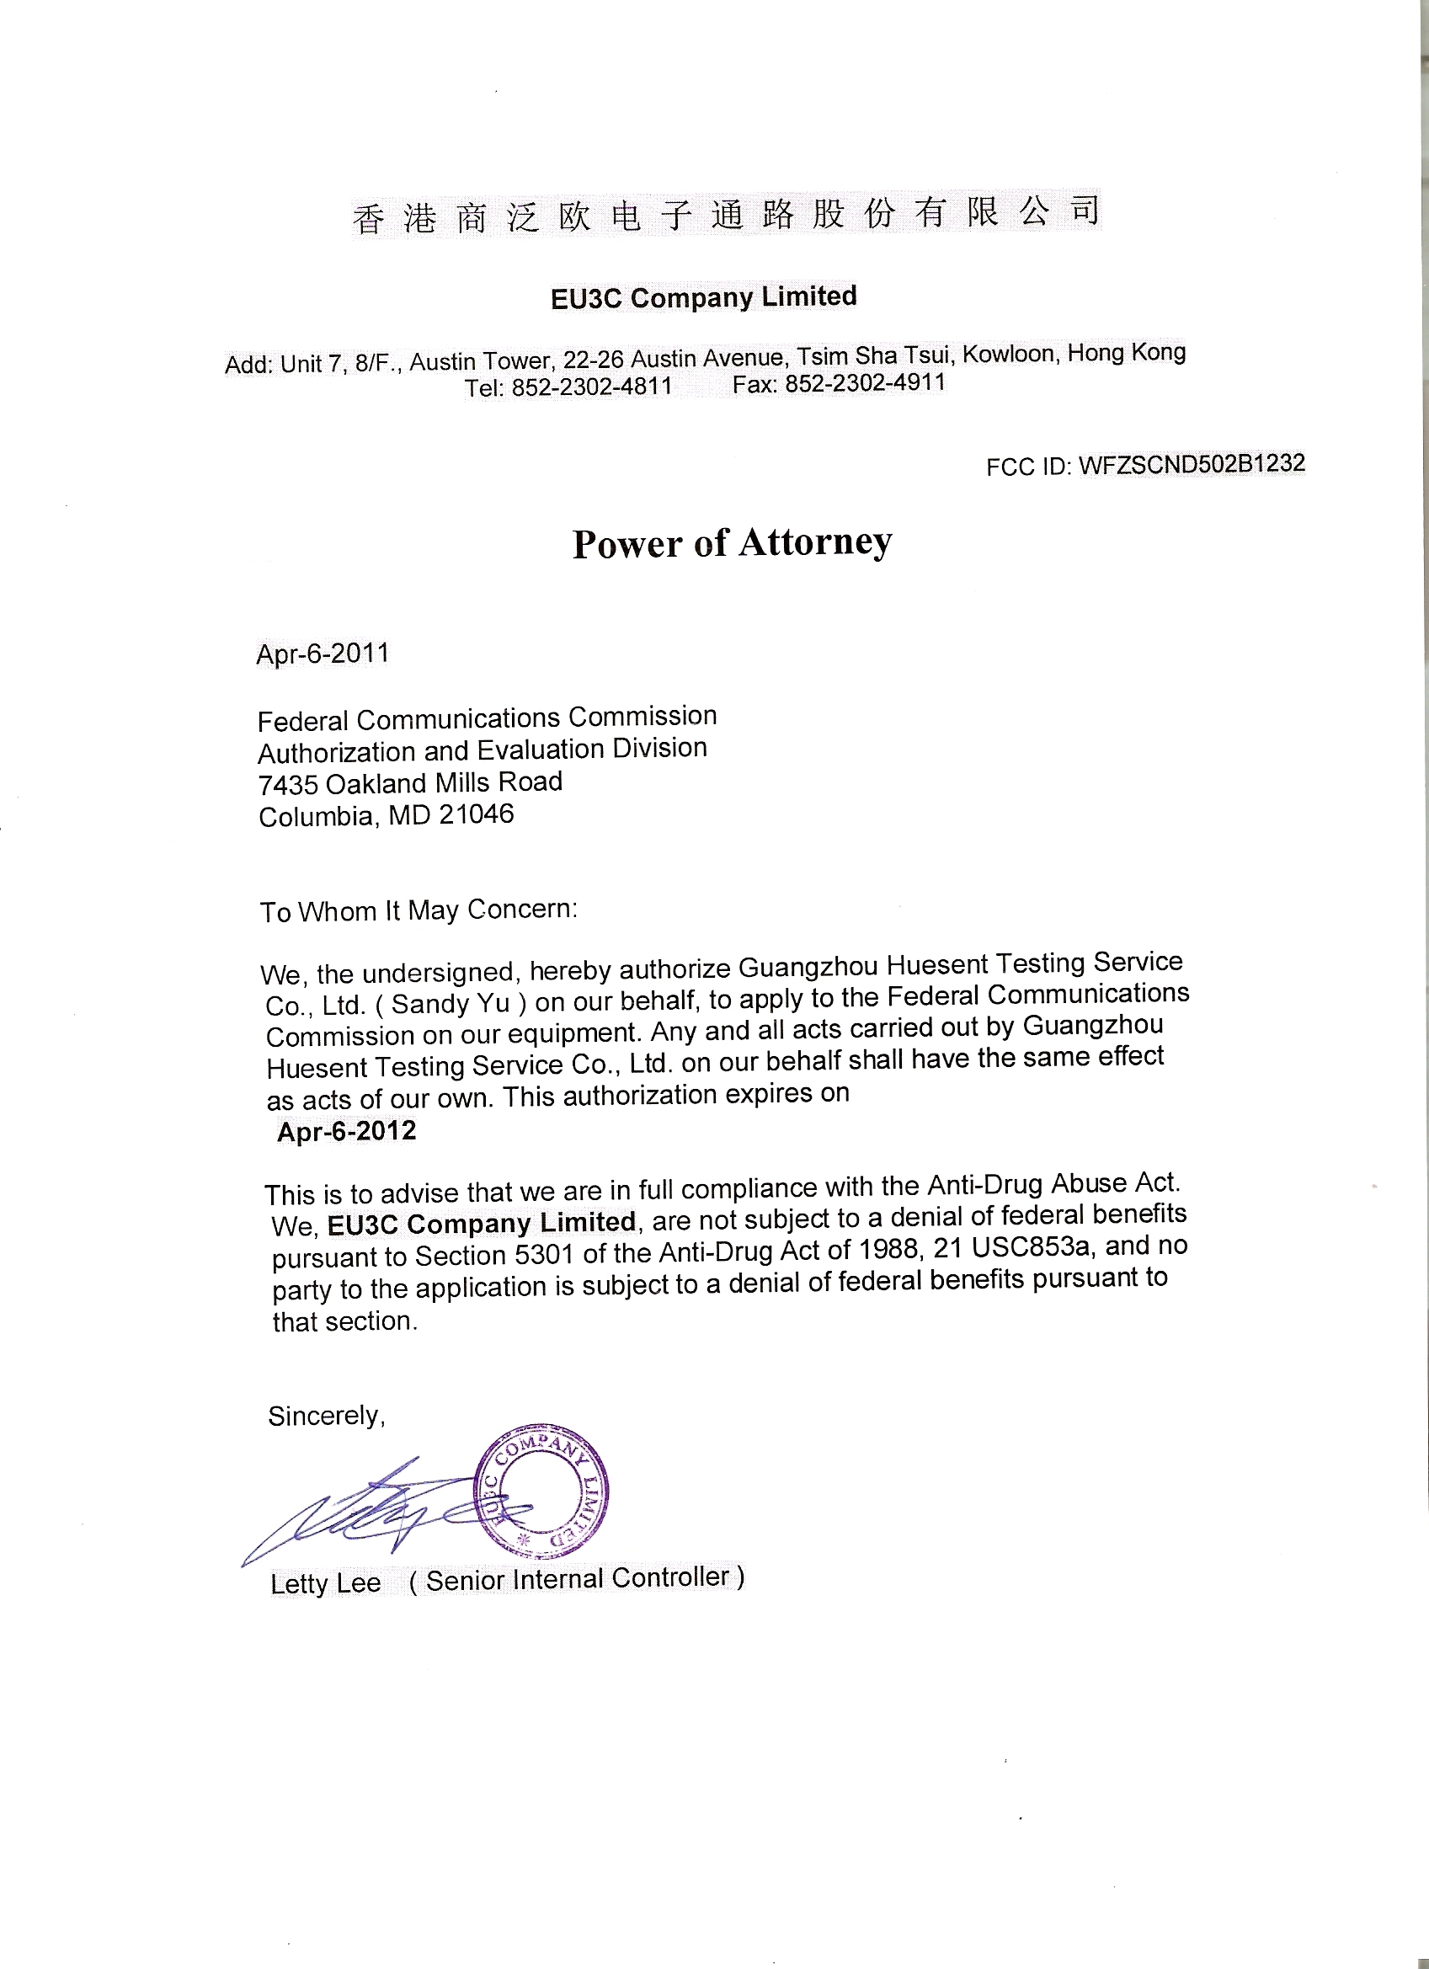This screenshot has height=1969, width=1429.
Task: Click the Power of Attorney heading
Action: point(732,542)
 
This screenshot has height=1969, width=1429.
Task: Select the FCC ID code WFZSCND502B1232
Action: point(1192,465)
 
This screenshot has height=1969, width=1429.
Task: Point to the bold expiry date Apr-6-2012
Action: point(346,1131)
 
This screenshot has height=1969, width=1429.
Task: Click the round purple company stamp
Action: point(542,1491)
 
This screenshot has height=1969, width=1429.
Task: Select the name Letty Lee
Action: point(326,1583)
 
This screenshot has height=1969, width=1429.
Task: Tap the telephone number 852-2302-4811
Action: point(592,387)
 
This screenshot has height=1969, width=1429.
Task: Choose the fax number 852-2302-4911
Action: point(865,383)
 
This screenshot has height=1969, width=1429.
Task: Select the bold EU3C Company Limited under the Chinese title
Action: point(703,297)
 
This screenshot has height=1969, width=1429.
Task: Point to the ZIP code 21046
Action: point(476,814)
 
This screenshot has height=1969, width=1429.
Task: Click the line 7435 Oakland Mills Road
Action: point(410,783)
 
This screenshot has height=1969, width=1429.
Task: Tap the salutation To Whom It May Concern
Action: point(419,910)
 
